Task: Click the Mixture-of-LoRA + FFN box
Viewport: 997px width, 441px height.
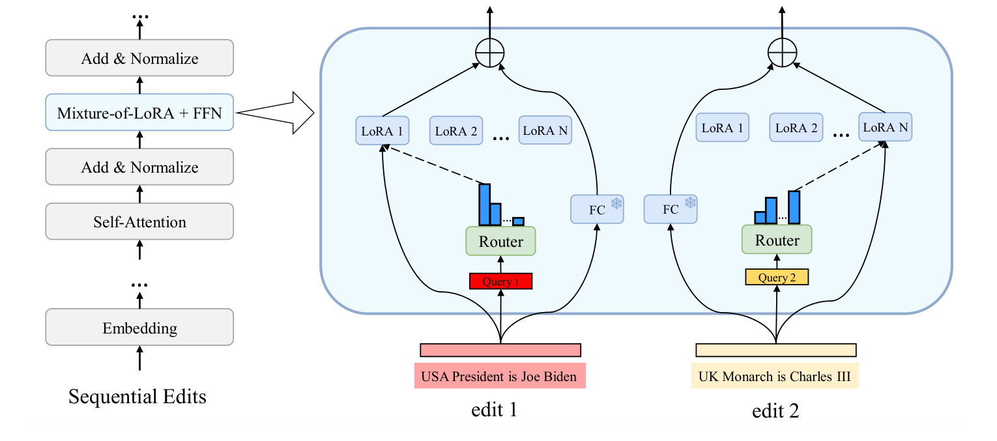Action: point(139,113)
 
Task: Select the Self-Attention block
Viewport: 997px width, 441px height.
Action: point(139,222)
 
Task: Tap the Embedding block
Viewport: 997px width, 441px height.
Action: point(139,328)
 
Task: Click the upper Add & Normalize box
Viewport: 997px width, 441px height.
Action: point(139,58)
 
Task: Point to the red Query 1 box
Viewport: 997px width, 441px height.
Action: point(500,281)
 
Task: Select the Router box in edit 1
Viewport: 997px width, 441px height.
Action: point(500,242)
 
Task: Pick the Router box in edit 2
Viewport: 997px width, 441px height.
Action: point(777,240)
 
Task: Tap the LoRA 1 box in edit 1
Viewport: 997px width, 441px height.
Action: point(383,131)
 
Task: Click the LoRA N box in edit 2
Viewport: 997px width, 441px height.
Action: point(885,127)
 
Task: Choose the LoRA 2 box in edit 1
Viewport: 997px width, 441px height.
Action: point(456,131)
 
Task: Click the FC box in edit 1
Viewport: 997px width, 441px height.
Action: point(597,208)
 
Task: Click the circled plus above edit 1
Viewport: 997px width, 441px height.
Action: point(490,53)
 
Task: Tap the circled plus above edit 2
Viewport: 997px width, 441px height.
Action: point(782,52)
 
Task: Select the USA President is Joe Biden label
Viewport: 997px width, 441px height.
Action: point(499,377)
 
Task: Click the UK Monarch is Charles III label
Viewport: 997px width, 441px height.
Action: point(775,377)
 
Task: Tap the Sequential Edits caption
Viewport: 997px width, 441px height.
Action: point(137,396)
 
